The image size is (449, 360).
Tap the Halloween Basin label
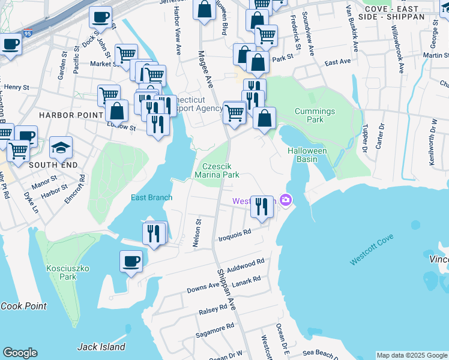(307, 155)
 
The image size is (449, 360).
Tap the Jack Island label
(101, 346)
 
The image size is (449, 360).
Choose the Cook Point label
(23, 306)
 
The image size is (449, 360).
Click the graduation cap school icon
(61, 147)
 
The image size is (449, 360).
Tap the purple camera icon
(286, 200)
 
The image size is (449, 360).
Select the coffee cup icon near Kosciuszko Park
(131, 261)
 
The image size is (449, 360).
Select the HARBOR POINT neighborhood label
(64, 114)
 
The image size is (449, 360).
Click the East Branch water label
(152, 197)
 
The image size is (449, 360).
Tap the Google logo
(20, 353)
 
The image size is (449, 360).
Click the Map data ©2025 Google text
(411, 355)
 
